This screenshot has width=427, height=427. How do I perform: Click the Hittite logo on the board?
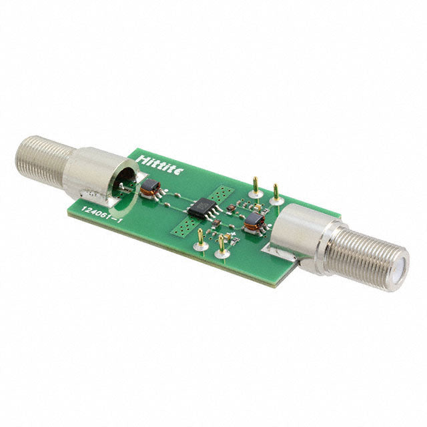pos(160,165)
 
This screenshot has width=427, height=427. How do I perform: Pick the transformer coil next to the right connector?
pos(254,223)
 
